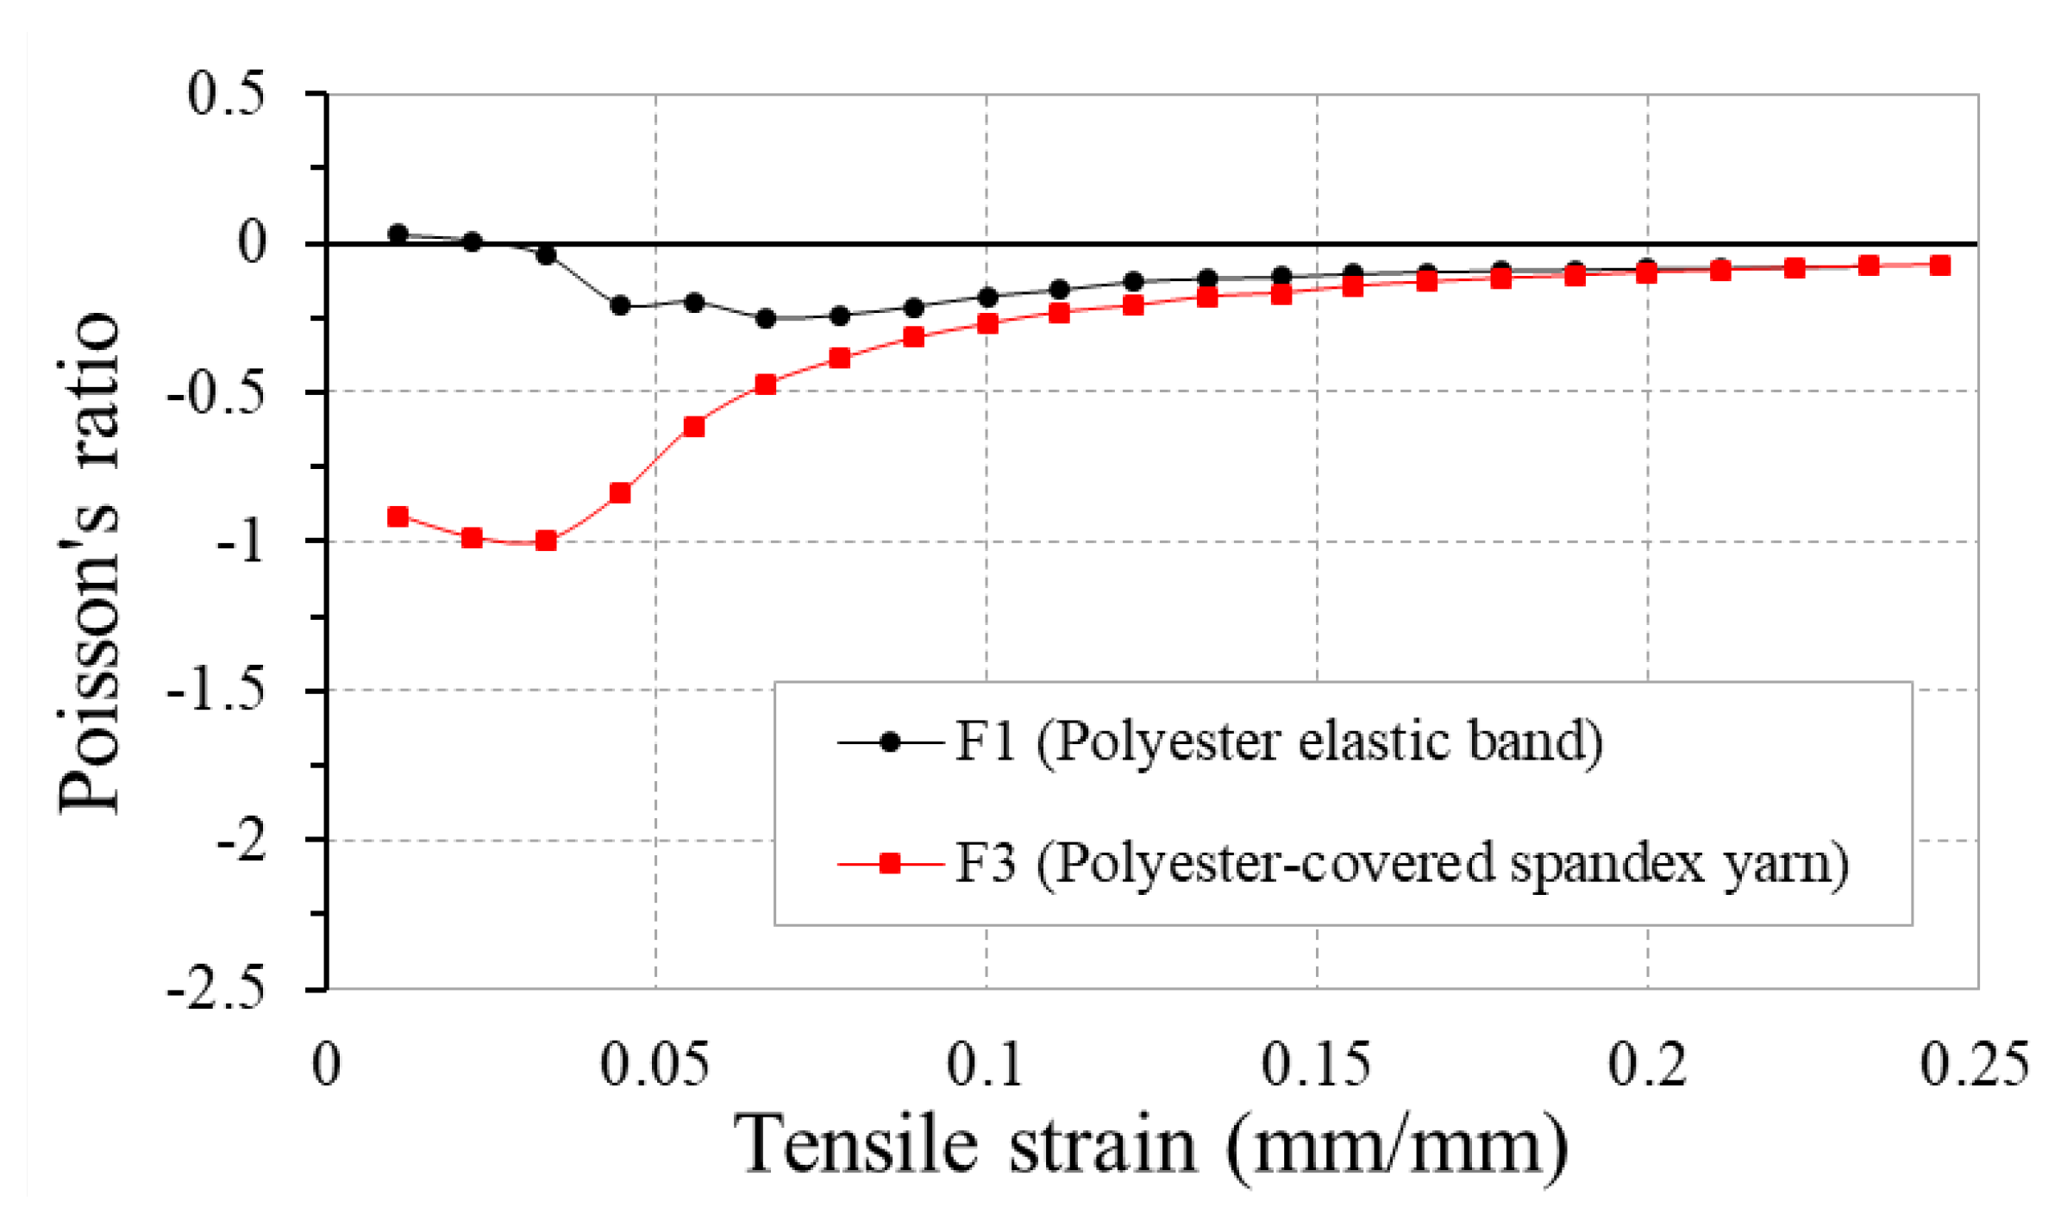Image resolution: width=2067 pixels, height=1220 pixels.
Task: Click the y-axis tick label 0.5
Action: (226, 94)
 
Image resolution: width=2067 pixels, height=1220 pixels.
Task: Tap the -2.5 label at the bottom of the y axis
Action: (216, 990)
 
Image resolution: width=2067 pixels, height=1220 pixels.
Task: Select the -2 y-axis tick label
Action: (240, 841)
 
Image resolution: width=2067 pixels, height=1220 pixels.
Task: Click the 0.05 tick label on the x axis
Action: (655, 1064)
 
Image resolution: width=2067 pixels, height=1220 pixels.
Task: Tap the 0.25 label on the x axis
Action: (1975, 1064)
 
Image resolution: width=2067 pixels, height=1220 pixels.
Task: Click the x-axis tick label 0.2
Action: (1647, 1064)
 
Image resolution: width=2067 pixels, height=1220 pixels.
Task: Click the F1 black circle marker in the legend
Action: (890, 742)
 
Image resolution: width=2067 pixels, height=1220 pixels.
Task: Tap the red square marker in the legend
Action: (890, 863)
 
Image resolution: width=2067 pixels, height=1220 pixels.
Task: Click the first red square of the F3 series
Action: (398, 517)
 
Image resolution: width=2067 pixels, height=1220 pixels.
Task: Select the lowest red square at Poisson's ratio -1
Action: (546, 541)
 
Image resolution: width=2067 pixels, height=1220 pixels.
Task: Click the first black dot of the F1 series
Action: (398, 234)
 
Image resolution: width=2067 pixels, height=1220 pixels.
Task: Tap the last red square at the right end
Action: (1940, 266)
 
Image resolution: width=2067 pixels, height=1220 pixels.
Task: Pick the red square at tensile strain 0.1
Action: (987, 324)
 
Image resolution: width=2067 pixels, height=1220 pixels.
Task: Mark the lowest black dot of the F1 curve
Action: (766, 319)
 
